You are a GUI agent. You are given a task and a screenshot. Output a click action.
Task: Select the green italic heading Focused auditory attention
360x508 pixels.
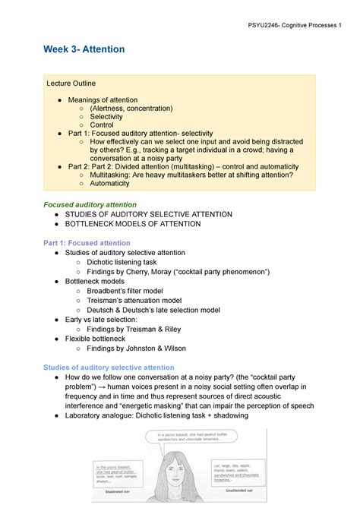click(90, 205)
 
